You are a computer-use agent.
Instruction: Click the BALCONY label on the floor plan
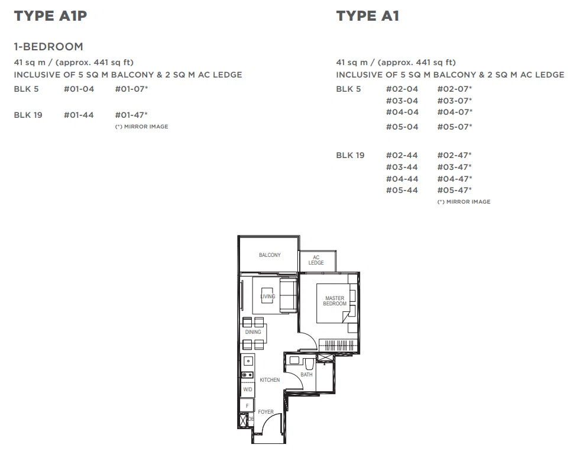270,255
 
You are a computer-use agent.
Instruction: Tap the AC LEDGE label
316,260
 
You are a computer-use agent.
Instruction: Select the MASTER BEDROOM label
335,301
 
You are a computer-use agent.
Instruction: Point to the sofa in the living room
288,295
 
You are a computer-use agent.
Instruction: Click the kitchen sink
248,361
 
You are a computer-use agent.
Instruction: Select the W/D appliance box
248,389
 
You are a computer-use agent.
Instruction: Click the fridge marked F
247,405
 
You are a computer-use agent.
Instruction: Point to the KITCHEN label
270,380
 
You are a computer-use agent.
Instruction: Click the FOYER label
265,412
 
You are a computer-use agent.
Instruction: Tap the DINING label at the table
253,332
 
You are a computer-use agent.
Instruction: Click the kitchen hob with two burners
248,375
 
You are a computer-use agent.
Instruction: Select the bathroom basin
294,360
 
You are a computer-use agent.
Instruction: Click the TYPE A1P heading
51,16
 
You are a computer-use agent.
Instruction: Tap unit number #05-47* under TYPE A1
454,190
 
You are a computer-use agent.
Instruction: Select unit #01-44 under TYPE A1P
79,115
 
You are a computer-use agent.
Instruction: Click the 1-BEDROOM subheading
48,47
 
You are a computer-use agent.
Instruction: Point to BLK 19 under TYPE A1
350,155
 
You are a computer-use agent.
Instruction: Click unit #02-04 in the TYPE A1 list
402,89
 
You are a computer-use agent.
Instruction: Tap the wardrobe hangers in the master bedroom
339,345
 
